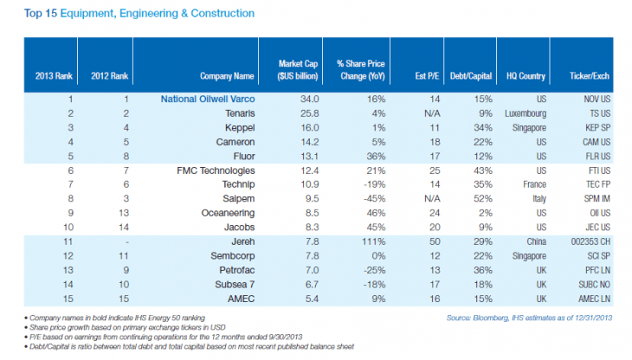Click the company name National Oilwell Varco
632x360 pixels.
point(207,99)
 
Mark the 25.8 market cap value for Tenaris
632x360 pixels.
point(299,112)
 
